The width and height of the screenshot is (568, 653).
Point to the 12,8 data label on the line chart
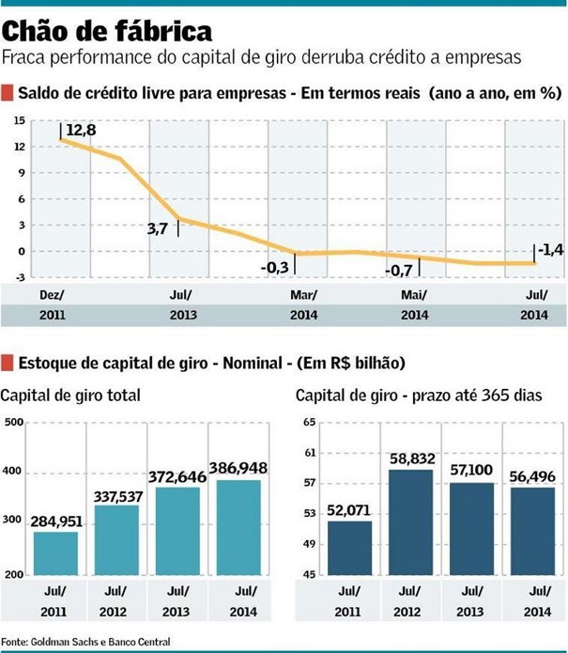pos(82,129)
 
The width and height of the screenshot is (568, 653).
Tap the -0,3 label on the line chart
pos(274,267)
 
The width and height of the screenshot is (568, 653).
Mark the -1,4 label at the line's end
pos(550,251)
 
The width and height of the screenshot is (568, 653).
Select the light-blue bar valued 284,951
pos(56,552)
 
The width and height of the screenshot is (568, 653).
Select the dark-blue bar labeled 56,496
pos(530,531)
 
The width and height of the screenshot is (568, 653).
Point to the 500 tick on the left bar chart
pos(13,422)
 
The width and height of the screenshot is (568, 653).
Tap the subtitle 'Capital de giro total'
pos(71,396)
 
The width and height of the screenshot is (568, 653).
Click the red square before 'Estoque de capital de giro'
pos(8,363)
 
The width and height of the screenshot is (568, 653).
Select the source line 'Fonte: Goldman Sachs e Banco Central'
pos(79,642)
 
